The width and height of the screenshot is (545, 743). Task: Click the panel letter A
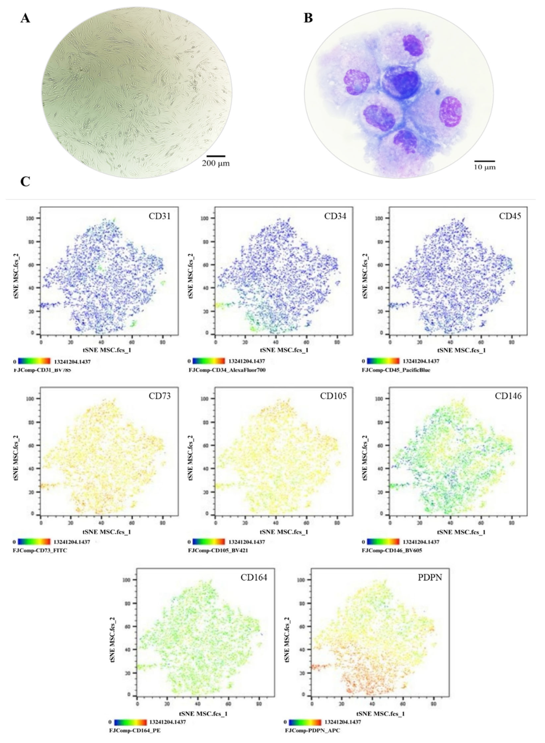[x=25, y=18]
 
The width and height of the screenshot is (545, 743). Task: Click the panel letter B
[x=308, y=18]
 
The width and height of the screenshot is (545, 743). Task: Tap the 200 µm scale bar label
[x=216, y=163]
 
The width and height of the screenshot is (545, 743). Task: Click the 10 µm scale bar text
[x=485, y=167]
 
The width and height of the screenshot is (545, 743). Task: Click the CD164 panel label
[x=254, y=578]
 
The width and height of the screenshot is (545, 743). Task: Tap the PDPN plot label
[x=430, y=578]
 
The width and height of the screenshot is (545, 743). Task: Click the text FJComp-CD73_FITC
[x=40, y=550]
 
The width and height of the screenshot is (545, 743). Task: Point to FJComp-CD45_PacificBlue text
[x=396, y=370]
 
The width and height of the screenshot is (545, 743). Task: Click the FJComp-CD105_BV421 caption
[x=218, y=550]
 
